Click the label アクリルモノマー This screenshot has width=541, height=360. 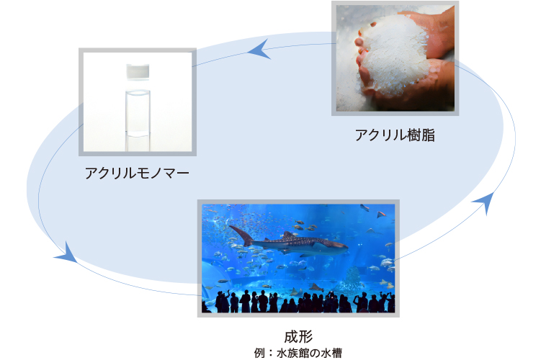tap(137, 173)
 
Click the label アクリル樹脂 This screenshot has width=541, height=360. tap(395, 135)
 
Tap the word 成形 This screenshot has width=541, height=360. tap(298, 336)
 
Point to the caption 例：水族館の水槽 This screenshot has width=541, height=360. tap(298, 353)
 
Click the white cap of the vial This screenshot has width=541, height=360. tap(138, 72)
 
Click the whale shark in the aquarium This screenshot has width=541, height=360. tap(288, 243)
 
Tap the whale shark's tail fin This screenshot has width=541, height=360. tap(241, 235)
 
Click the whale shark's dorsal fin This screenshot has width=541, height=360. tap(288, 235)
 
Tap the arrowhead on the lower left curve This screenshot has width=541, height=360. tap(66, 253)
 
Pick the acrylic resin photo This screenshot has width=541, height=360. tap(395, 58)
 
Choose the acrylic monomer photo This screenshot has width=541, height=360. tap(138, 102)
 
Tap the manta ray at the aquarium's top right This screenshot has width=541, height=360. tap(381, 215)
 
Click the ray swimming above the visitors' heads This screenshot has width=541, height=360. tap(316, 287)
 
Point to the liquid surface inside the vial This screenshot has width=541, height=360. tap(138, 91)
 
